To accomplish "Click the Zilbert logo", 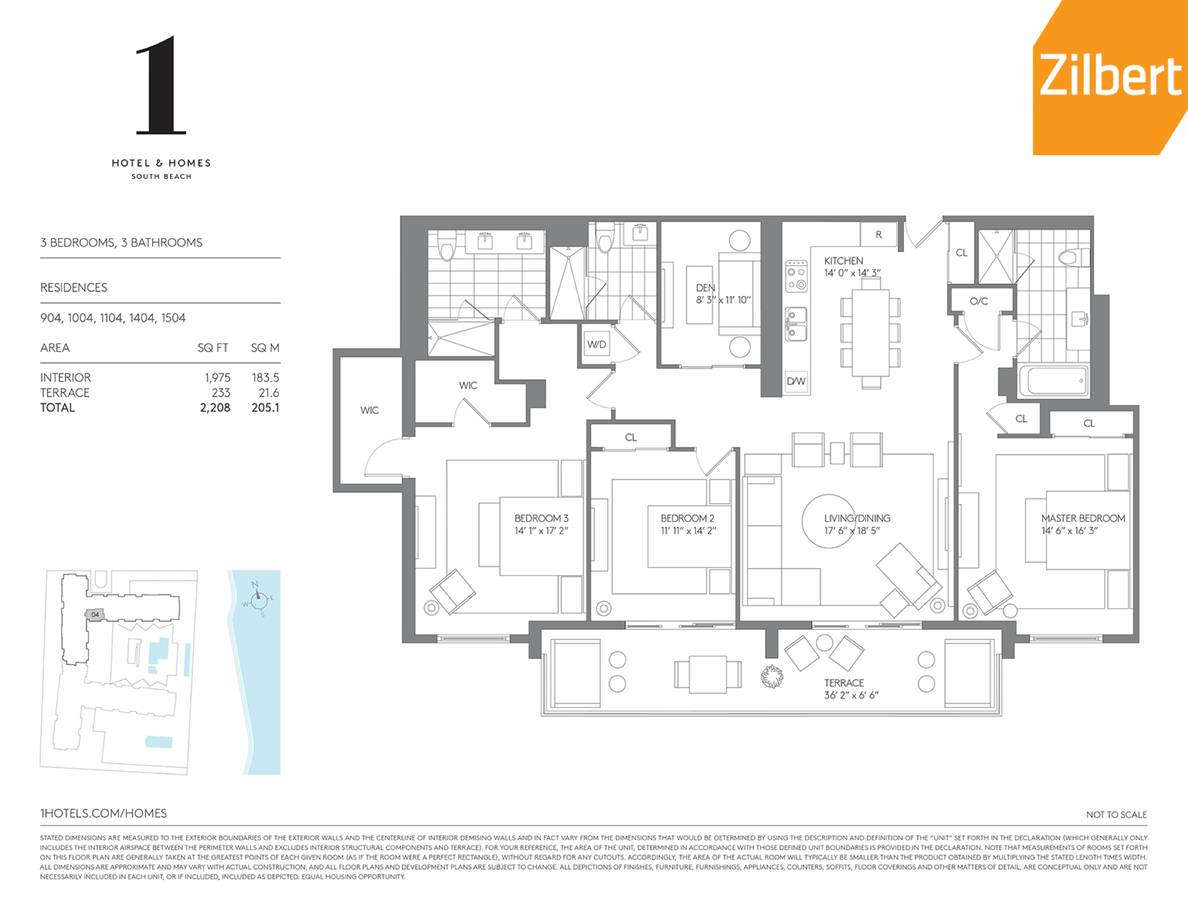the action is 1110,77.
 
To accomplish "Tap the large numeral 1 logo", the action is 160,85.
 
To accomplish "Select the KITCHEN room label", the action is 843,261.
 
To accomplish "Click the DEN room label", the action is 705,288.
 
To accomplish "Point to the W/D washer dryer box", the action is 597,344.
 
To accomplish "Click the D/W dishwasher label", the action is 796,381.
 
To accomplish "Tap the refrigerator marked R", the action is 878,235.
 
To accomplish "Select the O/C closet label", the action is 979,301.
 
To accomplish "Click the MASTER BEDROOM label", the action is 1083,518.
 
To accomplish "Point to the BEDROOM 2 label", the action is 688,518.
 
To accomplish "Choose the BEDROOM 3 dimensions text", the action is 541,531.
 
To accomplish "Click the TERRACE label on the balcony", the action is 844,683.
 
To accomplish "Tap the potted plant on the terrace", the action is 772,676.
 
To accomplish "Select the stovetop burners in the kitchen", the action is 796,277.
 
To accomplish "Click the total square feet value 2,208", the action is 215,408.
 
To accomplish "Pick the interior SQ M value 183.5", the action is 265,377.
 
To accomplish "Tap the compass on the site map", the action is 259,600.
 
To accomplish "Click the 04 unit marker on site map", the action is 95,614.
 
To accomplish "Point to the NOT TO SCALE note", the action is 1116,815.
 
